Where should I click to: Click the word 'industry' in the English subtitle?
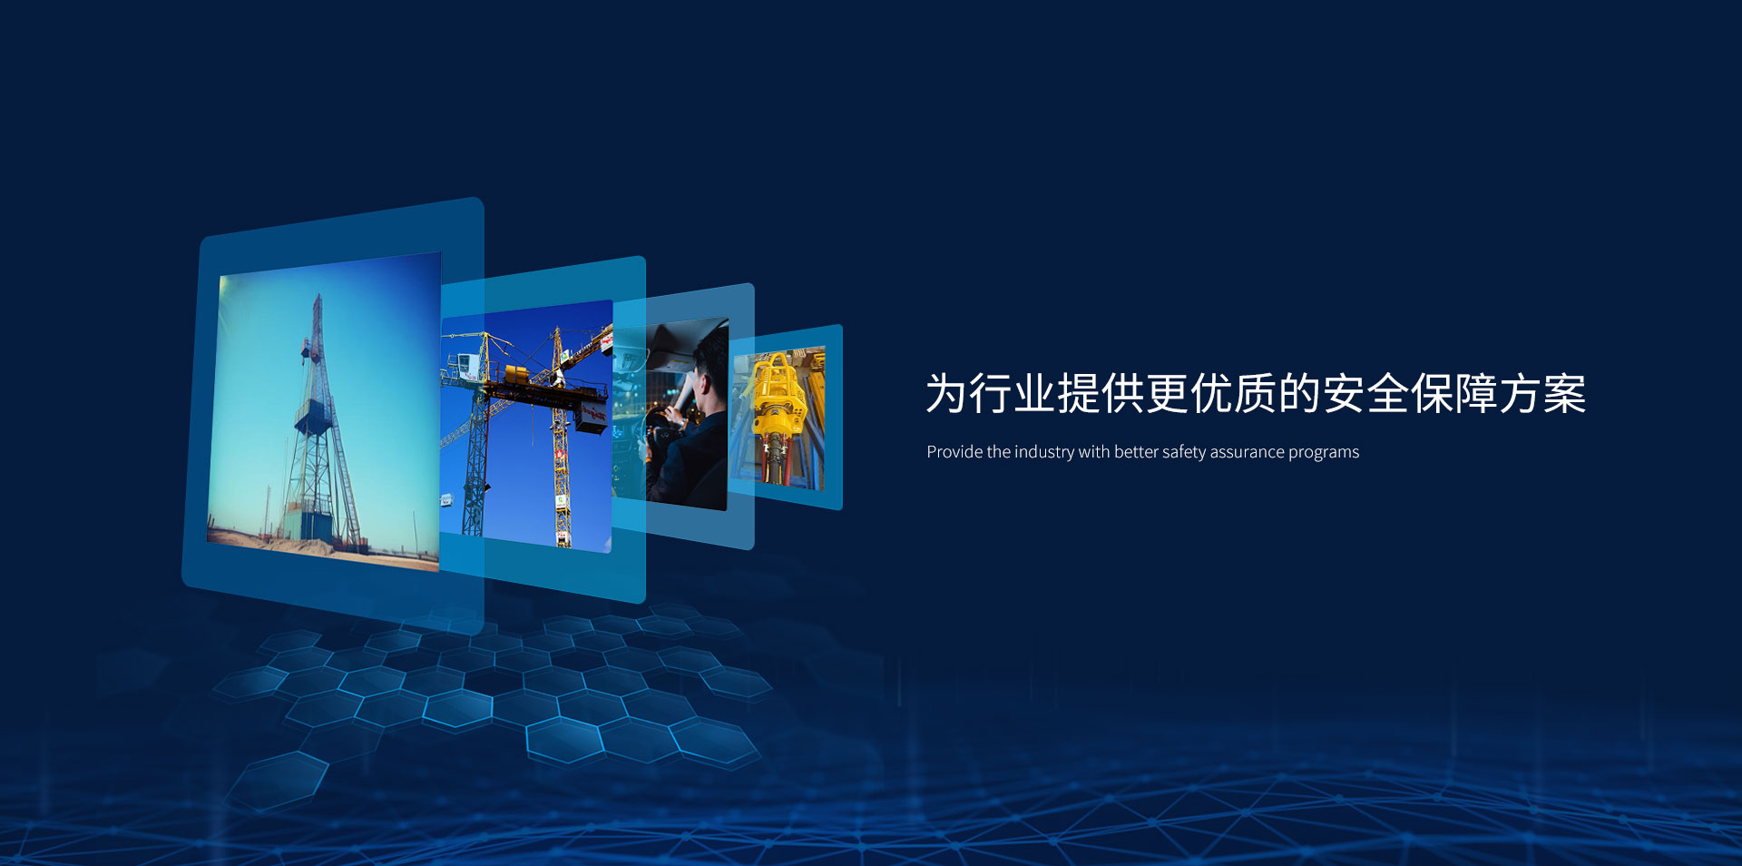pyautogui.click(x=1043, y=452)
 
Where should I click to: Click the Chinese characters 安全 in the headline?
pyautogui.click(x=1365, y=394)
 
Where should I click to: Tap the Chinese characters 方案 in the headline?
pyautogui.click(x=1542, y=394)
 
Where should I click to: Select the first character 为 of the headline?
pyautogui.click(x=946, y=394)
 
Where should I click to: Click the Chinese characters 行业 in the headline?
pyautogui.click(x=1012, y=394)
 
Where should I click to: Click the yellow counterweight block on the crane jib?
pyautogui.click(x=516, y=375)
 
